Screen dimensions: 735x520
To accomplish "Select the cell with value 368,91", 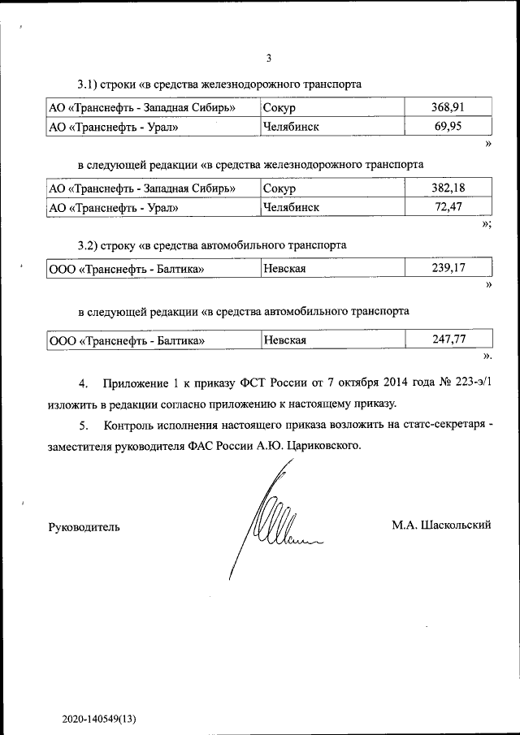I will [448, 107].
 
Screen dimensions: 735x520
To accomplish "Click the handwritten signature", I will [272, 524].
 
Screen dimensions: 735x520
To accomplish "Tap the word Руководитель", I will [84, 527].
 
